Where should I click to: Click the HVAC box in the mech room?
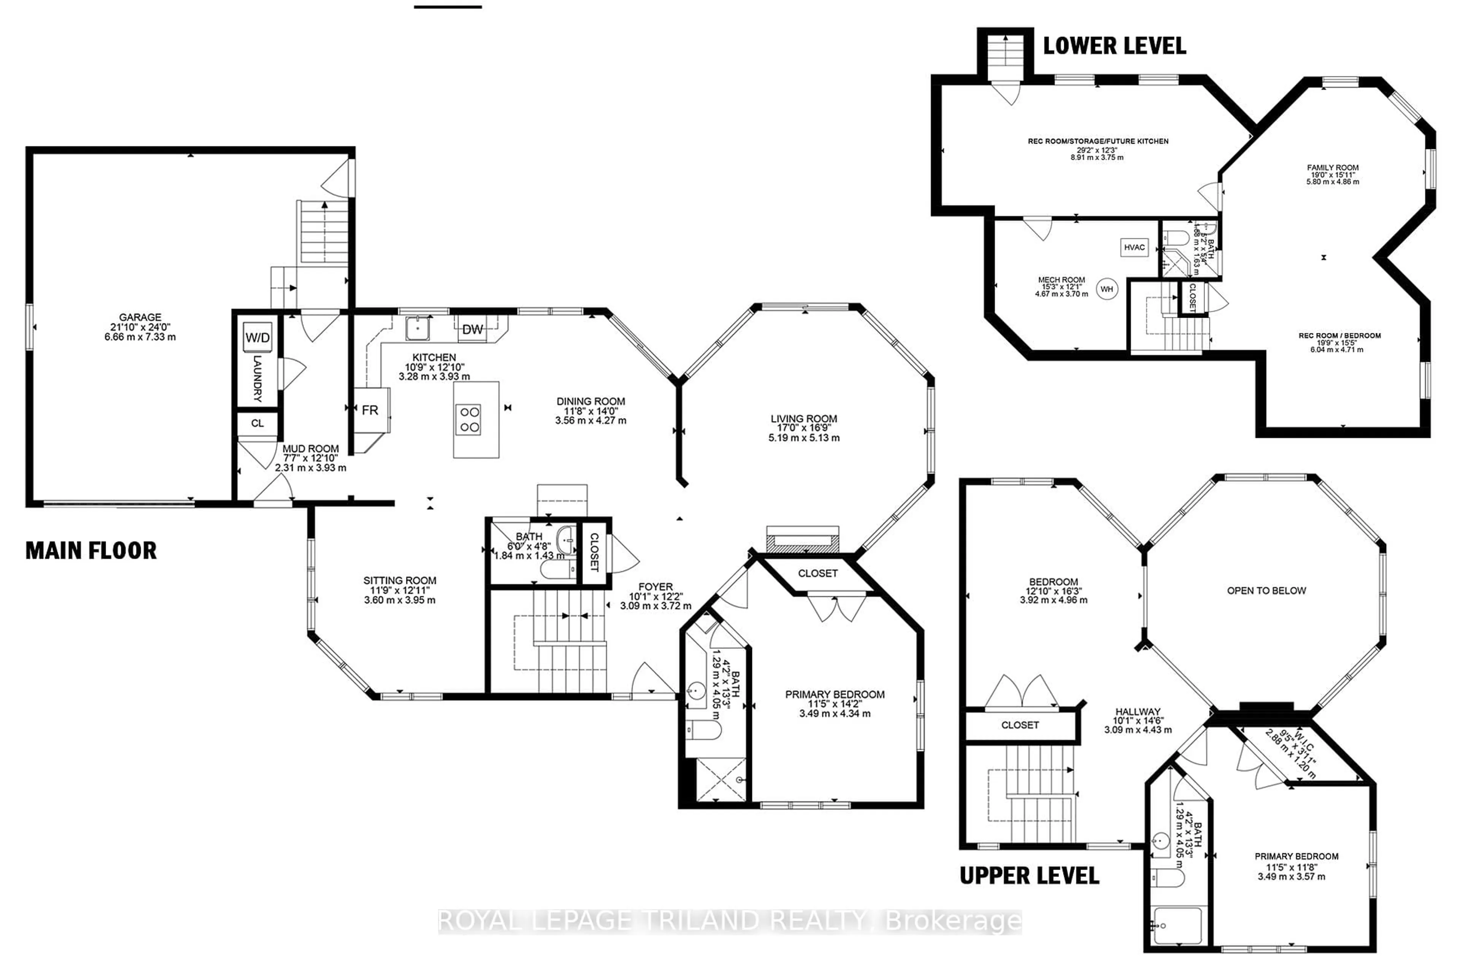pyautogui.click(x=1134, y=247)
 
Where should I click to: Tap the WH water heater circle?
pyautogui.click(x=1107, y=289)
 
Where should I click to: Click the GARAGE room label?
pyautogui.click(x=140, y=317)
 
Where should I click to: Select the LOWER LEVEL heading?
pyautogui.click(x=1114, y=46)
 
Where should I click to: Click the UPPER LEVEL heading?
pyautogui.click(x=1029, y=876)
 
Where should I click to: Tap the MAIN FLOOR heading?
pyautogui.click(x=91, y=550)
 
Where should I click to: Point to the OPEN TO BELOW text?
pyautogui.click(x=1266, y=591)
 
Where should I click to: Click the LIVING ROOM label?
pyautogui.click(x=804, y=419)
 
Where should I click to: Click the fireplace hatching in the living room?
pyautogui.click(x=803, y=542)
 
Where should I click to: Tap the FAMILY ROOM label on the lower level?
pyautogui.click(x=1333, y=168)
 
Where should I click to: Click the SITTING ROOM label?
pyautogui.click(x=400, y=581)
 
